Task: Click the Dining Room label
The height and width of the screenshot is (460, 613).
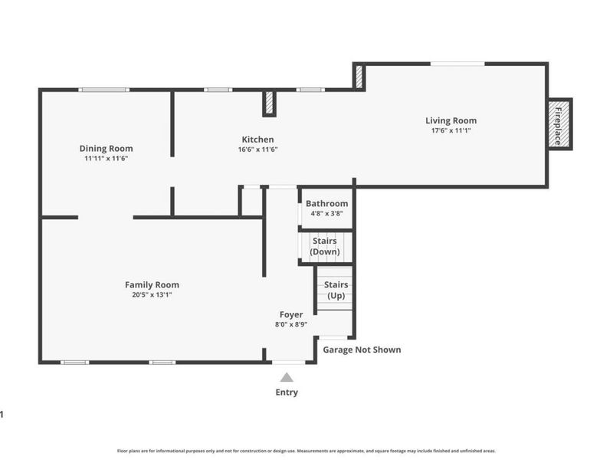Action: coord(106,149)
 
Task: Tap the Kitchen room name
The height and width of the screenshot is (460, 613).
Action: coord(257,140)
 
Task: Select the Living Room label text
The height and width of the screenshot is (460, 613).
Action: coord(451,121)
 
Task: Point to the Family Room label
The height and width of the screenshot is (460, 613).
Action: coord(152,285)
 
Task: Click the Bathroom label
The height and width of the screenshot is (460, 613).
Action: coord(327,204)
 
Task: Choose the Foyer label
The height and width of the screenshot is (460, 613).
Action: coord(291,314)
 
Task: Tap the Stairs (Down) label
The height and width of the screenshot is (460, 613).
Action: coord(325,246)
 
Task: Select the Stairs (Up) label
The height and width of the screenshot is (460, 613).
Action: coord(336,291)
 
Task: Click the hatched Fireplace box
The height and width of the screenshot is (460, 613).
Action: coord(560,124)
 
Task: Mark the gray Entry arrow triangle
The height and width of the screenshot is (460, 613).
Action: coord(287,377)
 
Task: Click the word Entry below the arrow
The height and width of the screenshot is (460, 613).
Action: coord(287,393)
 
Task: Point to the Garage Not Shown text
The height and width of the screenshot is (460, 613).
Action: coord(362,350)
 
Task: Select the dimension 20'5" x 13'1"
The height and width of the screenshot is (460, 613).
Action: coord(152,295)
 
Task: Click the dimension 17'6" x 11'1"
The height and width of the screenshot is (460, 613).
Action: coord(451,130)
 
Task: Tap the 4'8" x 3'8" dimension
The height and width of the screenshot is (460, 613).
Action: coord(327,214)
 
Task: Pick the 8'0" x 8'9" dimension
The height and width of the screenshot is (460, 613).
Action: coord(291,324)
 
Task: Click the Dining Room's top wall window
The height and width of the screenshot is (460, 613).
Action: coord(104,90)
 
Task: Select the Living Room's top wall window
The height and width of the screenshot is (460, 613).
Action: coord(457,64)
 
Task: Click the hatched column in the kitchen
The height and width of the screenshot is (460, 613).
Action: coord(270,103)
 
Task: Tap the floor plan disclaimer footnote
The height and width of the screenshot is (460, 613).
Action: coord(306,451)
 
